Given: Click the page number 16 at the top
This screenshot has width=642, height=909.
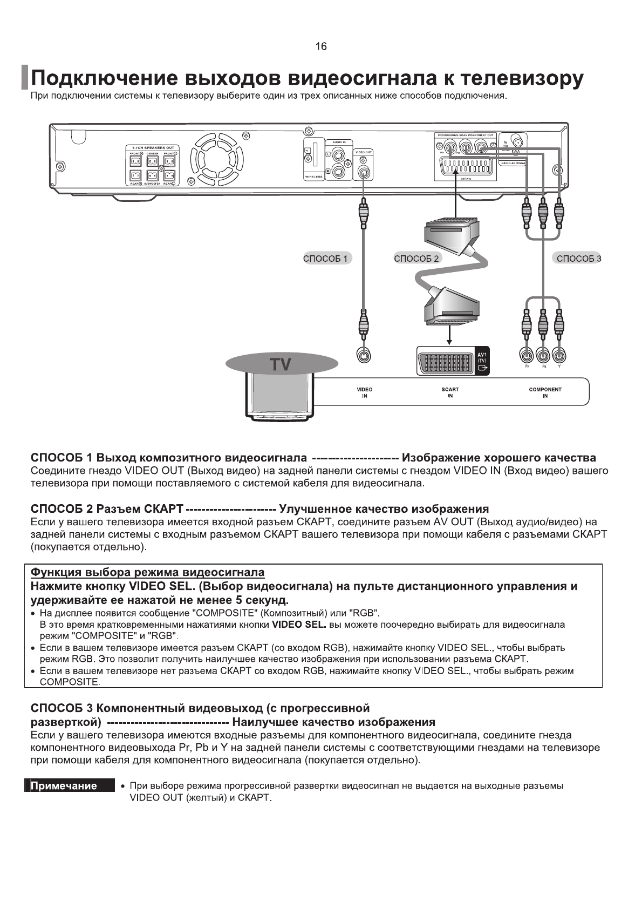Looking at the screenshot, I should (x=320, y=46).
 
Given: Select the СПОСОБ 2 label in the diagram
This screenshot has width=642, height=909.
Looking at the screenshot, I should (x=417, y=258).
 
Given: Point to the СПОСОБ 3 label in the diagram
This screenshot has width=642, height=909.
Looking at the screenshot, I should (x=578, y=258).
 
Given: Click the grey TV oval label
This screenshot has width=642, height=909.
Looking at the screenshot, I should (x=281, y=364).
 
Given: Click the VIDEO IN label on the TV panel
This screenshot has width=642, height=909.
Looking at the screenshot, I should (x=364, y=392).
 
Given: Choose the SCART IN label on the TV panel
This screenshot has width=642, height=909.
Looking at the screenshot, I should (x=450, y=392).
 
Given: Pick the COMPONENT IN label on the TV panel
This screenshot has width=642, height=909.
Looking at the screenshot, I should (x=545, y=392).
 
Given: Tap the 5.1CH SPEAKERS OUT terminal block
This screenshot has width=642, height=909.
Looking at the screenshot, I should (x=153, y=165).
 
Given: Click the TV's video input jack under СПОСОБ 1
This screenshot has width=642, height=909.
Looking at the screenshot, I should (x=364, y=355).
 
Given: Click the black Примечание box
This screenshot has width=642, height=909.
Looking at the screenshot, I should (x=69, y=786).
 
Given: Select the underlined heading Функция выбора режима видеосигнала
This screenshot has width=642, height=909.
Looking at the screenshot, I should (x=147, y=572).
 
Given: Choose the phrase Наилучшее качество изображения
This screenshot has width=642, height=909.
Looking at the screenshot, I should (x=337, y=722).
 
